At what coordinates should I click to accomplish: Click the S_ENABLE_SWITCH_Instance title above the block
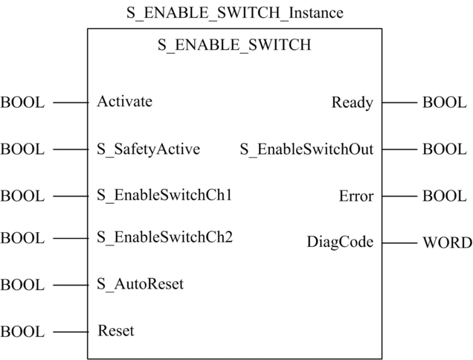click(235, 13)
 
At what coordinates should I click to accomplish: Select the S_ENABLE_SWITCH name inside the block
click(234, 45)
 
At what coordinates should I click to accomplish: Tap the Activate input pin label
click(125, 101)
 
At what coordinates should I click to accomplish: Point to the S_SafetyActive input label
click(149, 150)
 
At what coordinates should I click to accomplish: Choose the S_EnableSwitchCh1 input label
click(164, 195)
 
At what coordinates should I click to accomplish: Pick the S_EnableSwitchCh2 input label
click(164, 237)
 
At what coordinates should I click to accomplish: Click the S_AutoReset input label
click(140, 284)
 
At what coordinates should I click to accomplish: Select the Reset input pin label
click(116, 331)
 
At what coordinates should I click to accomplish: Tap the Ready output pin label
click(353, 103)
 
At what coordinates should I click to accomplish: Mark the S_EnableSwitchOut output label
click(307, 150)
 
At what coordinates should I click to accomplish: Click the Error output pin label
click(356, 196)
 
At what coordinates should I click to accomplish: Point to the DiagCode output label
click(341, 242)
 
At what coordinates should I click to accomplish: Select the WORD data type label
click(448, 243)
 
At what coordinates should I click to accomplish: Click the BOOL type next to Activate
click(22, 103)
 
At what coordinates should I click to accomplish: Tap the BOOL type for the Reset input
click(22, 332)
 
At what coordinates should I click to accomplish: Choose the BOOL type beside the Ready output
click(445, 103)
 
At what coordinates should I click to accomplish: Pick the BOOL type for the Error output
click(445, 196)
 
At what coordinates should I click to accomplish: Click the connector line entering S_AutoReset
click(71, 285)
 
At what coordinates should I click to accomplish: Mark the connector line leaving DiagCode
click(399, 243)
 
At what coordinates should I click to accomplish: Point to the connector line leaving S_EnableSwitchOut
click(399, 150)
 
